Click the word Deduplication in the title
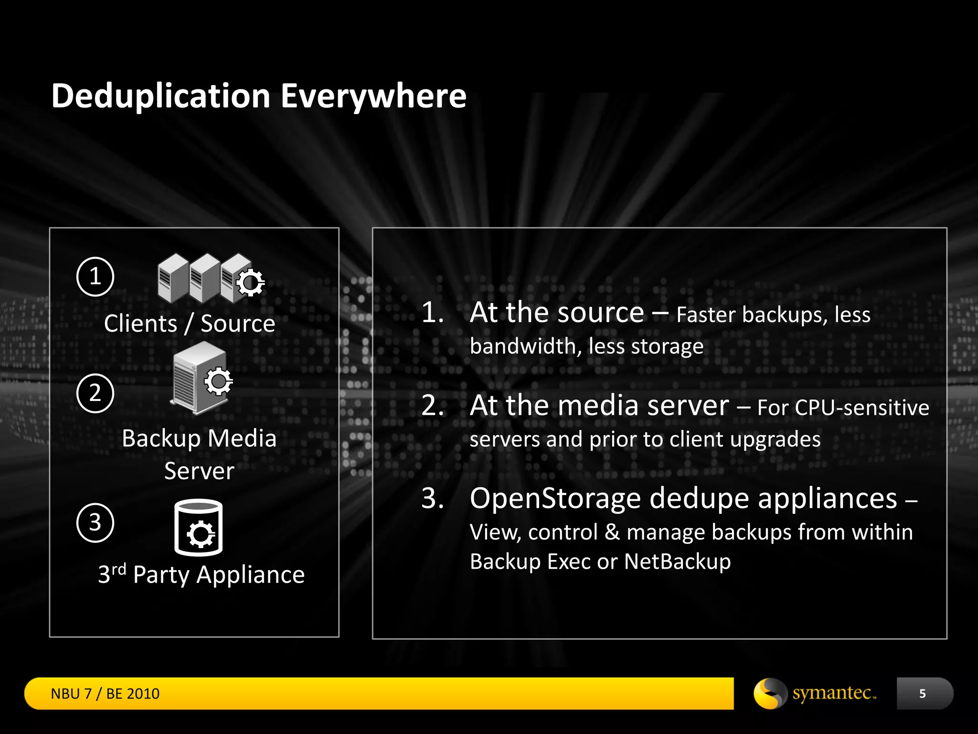(x=161, y=97)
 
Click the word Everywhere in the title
(x=373, y=97)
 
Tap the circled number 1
(x=95, y=277)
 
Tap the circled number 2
(x=95, y=393)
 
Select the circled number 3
(x=95, y=522)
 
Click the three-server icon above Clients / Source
(x=210, y=279)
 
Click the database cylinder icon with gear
(x=198, y=528)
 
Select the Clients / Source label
(x=190, y=324)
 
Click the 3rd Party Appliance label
(x=201, y=574)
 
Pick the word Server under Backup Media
(x=199, y=471)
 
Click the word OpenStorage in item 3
(x=555, y=498)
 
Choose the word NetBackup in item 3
(x=677, y=561)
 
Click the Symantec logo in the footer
(x=815, y=693)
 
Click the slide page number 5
(x=923, y=693)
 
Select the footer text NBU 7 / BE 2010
(x=105, y=693)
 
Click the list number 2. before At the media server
(x=433, y=406)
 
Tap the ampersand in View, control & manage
(x=612, y=532)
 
